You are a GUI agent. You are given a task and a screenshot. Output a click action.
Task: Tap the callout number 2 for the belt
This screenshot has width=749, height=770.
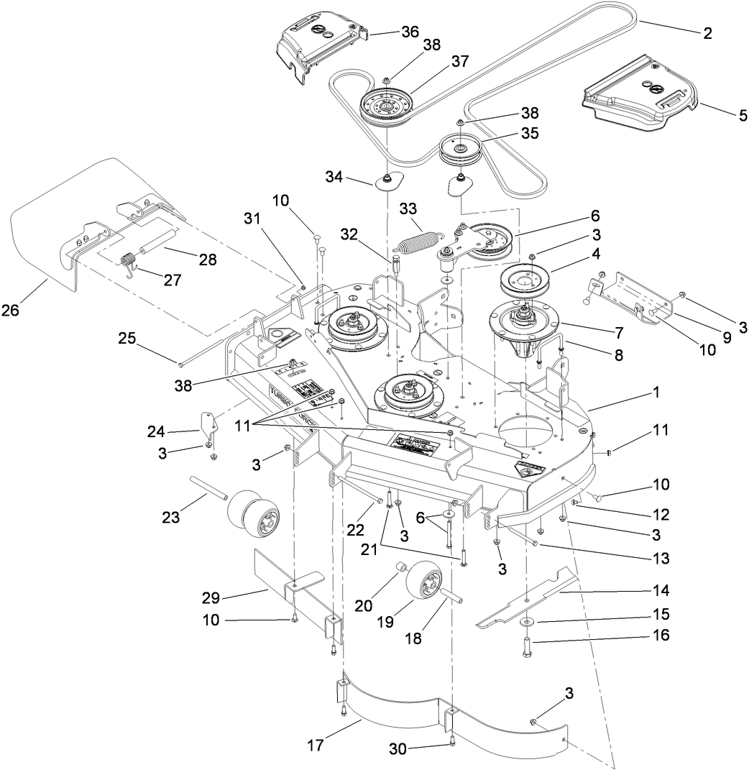(707, 32)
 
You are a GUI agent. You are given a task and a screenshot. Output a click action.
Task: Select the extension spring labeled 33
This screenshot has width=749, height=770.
(418, 242)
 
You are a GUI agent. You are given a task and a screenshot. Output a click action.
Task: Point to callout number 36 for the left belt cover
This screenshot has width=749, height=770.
(410, 32)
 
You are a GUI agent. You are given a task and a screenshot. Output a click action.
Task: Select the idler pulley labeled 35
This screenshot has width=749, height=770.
(460, 150)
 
